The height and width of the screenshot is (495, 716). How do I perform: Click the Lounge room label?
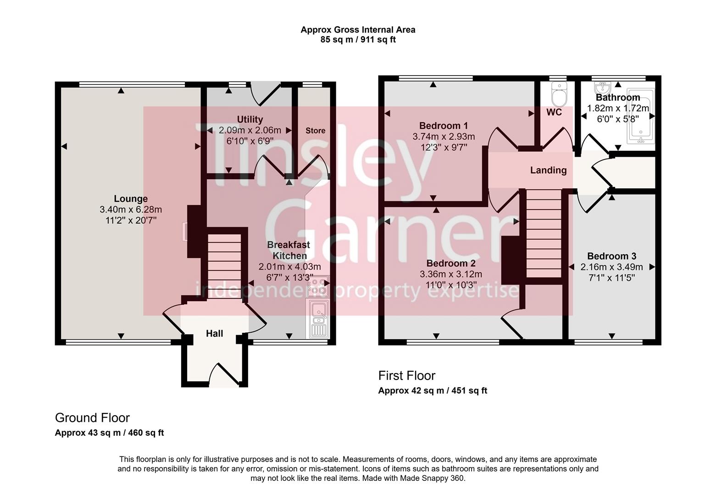point(131,198)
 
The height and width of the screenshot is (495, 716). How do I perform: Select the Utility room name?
point(250,119)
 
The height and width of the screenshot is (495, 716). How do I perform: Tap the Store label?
point(315,131)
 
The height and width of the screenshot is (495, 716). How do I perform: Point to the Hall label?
point(214,333)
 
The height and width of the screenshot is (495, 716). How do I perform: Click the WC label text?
point(554,112)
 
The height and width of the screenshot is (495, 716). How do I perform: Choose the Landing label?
point(548,170)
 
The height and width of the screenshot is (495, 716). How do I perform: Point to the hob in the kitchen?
point(317,286)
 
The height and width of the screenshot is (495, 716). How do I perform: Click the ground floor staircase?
point(224,266)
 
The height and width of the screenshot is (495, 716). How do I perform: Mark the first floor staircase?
point(544,234)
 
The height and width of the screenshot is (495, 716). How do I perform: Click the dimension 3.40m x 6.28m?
point(131,209)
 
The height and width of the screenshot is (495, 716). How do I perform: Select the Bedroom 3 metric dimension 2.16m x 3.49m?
point(611,267)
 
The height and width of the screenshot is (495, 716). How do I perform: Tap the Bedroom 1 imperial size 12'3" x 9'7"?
point(444,147)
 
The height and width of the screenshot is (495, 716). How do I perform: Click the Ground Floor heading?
point(92,418)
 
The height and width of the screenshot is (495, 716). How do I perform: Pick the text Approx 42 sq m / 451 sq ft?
point(432,390)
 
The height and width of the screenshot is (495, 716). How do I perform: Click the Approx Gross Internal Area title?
point(358,30)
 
